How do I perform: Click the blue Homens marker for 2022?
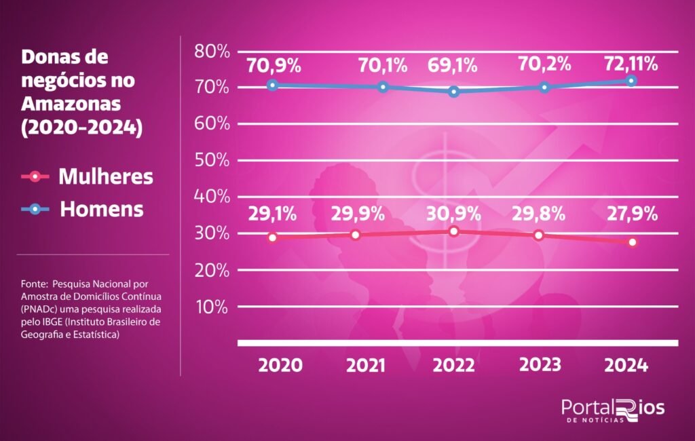click(454, 92)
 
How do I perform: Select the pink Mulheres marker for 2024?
click(633, 242)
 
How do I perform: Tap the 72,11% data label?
click(632, 64)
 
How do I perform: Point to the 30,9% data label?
click(454, 213)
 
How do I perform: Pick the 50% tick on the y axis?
click(212, 160)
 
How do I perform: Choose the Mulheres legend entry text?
click(106, 177)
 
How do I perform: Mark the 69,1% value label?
click(453, 66)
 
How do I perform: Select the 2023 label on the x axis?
click(541, 364)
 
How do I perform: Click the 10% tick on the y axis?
click(212, 306)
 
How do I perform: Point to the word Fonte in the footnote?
click(33, 282)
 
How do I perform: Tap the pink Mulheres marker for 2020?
click(273, 237)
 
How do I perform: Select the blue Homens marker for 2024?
click(631, 81)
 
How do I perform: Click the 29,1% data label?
click(271, 214)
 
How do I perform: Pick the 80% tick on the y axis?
click(212, 51)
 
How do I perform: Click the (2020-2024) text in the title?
click(82, 127)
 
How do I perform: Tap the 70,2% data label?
click(544, 65)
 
